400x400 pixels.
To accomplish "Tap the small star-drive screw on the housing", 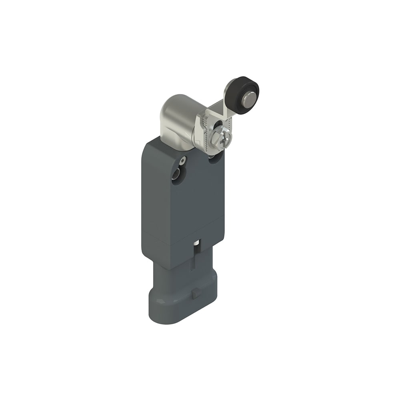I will [x=183, y=161].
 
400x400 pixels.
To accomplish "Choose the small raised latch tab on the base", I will [x=196, y=294].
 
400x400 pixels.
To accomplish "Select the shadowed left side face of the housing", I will [x=147, y=200].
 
